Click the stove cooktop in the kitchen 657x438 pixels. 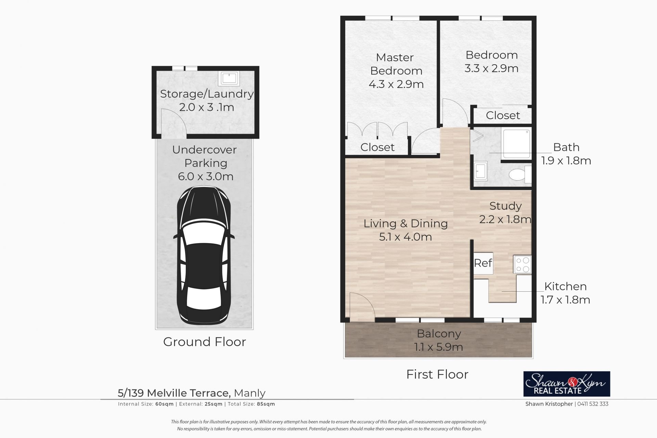coord(523,265)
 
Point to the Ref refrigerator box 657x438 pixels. coord(483,263)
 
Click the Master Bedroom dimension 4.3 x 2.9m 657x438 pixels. coord(396,84)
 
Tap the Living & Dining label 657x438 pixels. coord(405,224)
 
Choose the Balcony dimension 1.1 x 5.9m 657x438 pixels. coord(438,347)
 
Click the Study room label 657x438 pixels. coord(505,206)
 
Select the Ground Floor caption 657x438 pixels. coord(205,342)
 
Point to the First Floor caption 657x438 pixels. coord(437,374)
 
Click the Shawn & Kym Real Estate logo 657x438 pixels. coord(567,384)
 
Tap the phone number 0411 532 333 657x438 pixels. coord(593,404)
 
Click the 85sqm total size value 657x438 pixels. coord(266,404)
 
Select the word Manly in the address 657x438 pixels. coord(250,393)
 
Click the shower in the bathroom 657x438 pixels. coord(516,144)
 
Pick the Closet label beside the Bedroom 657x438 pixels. coord(503,116)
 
